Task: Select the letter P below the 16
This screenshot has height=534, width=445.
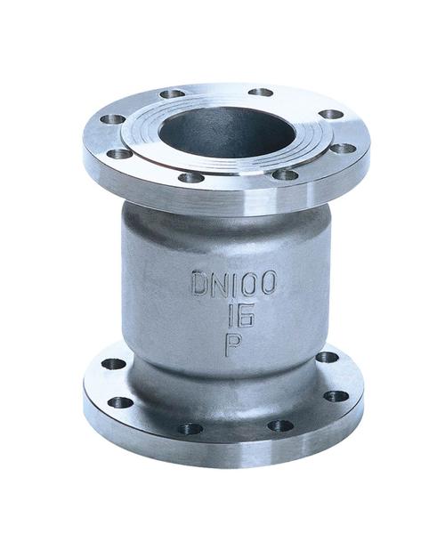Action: point(231,344)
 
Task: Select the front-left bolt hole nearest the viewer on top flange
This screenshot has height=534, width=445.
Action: point(190,177)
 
